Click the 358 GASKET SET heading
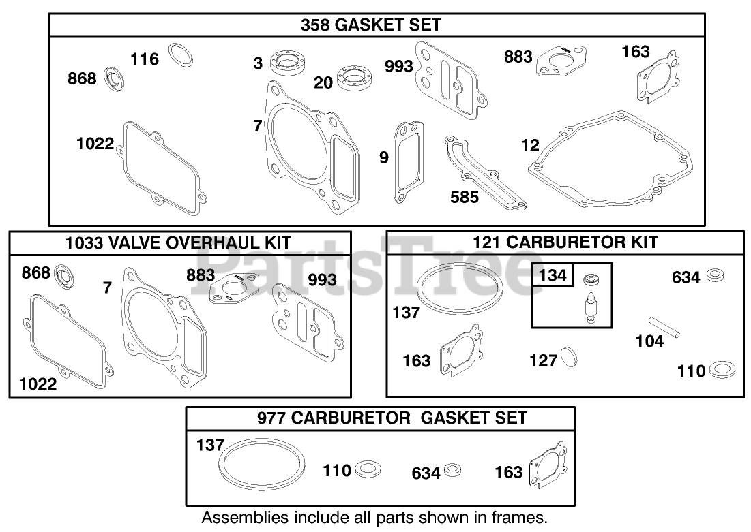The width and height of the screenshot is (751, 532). [x=371, y=25]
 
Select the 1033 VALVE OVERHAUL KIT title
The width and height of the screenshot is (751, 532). [x=179, y=242]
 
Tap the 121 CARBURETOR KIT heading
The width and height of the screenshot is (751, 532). [x=566, y=242]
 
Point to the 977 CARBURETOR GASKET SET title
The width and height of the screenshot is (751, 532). [x=392, y=417]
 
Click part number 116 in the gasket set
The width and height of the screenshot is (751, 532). [x=145, y=59]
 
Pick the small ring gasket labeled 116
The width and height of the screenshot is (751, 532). [x=180, y=54]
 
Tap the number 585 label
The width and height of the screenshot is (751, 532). [x=465, y=197]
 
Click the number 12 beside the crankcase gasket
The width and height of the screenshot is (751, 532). [x=529, y=145]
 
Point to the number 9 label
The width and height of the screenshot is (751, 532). [x=384, y=158]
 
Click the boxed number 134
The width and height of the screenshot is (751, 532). [x=553, y=275]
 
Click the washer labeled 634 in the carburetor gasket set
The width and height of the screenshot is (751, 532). [x=452, y=470]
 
